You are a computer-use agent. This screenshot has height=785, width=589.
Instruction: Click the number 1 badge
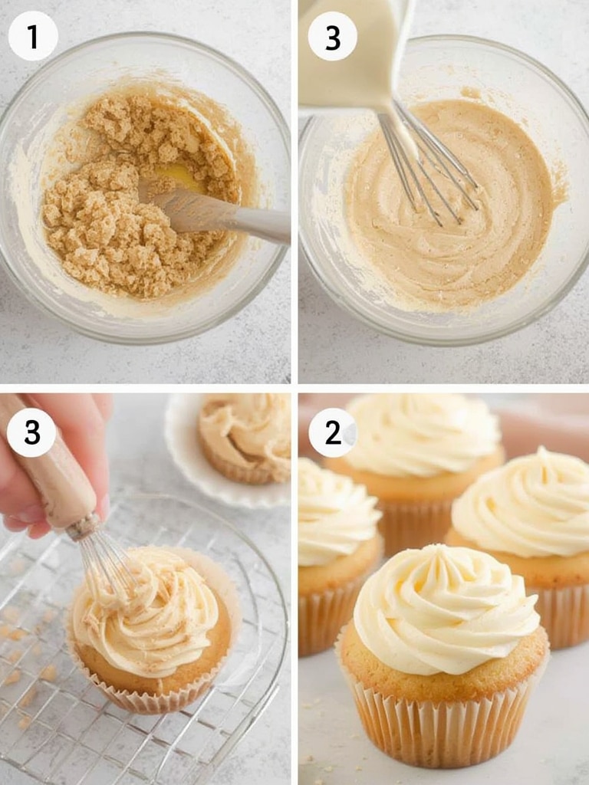pyautogui.click(x=33, y=36)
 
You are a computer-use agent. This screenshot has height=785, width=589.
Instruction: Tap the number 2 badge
pyautogui.click(x=333, y=432)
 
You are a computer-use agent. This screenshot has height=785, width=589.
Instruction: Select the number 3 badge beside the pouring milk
pyautogui.click(x=333, y=36)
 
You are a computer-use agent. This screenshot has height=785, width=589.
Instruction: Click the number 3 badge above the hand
pyautogui.click(x=31, y=432)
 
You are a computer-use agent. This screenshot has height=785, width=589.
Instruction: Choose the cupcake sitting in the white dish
pyautogui.click(x=245, y=438)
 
